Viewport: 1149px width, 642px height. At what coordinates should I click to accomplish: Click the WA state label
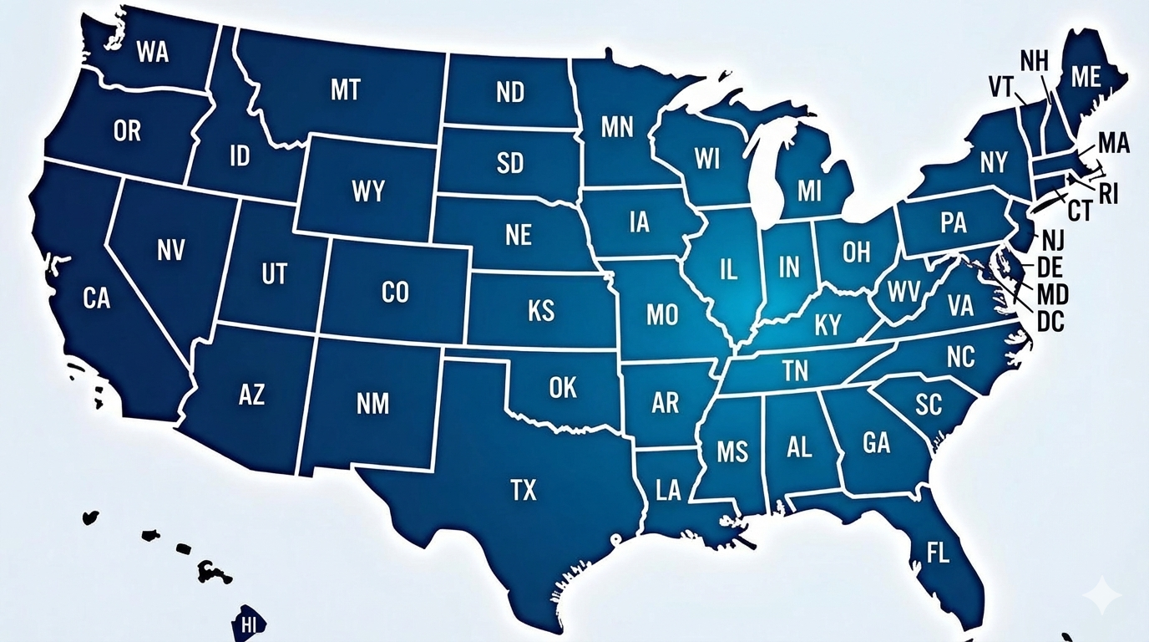point(152,52)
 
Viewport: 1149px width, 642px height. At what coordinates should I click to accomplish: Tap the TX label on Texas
point(523,490)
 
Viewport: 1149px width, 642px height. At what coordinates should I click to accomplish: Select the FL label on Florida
point(938,553)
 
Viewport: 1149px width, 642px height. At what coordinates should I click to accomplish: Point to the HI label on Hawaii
point(248,624)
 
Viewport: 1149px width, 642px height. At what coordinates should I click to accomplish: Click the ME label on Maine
point(1086,77)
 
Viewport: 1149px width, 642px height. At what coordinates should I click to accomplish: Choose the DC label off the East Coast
point(1050,320)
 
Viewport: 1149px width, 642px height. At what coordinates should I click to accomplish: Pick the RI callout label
point(1107,194)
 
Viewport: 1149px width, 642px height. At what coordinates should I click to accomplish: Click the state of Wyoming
point(367,191)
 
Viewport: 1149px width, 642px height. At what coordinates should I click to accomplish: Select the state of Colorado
point(394,292)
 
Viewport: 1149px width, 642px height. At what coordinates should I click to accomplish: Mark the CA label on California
point(97,298)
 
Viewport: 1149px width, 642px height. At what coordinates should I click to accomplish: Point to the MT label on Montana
point(345,89)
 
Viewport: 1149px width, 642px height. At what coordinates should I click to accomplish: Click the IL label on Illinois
point(728,269)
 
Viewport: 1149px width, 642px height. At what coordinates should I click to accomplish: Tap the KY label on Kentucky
point(828,324)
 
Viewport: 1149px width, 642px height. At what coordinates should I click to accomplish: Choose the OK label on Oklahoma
point(563,387)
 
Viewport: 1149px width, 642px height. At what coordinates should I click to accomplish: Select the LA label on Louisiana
point(668,491)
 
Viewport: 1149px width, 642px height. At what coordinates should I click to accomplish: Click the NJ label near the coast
point(1053,241)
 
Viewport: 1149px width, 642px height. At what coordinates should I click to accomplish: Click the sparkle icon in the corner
point(1101,595)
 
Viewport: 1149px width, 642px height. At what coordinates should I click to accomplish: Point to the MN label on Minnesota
point(617,127)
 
